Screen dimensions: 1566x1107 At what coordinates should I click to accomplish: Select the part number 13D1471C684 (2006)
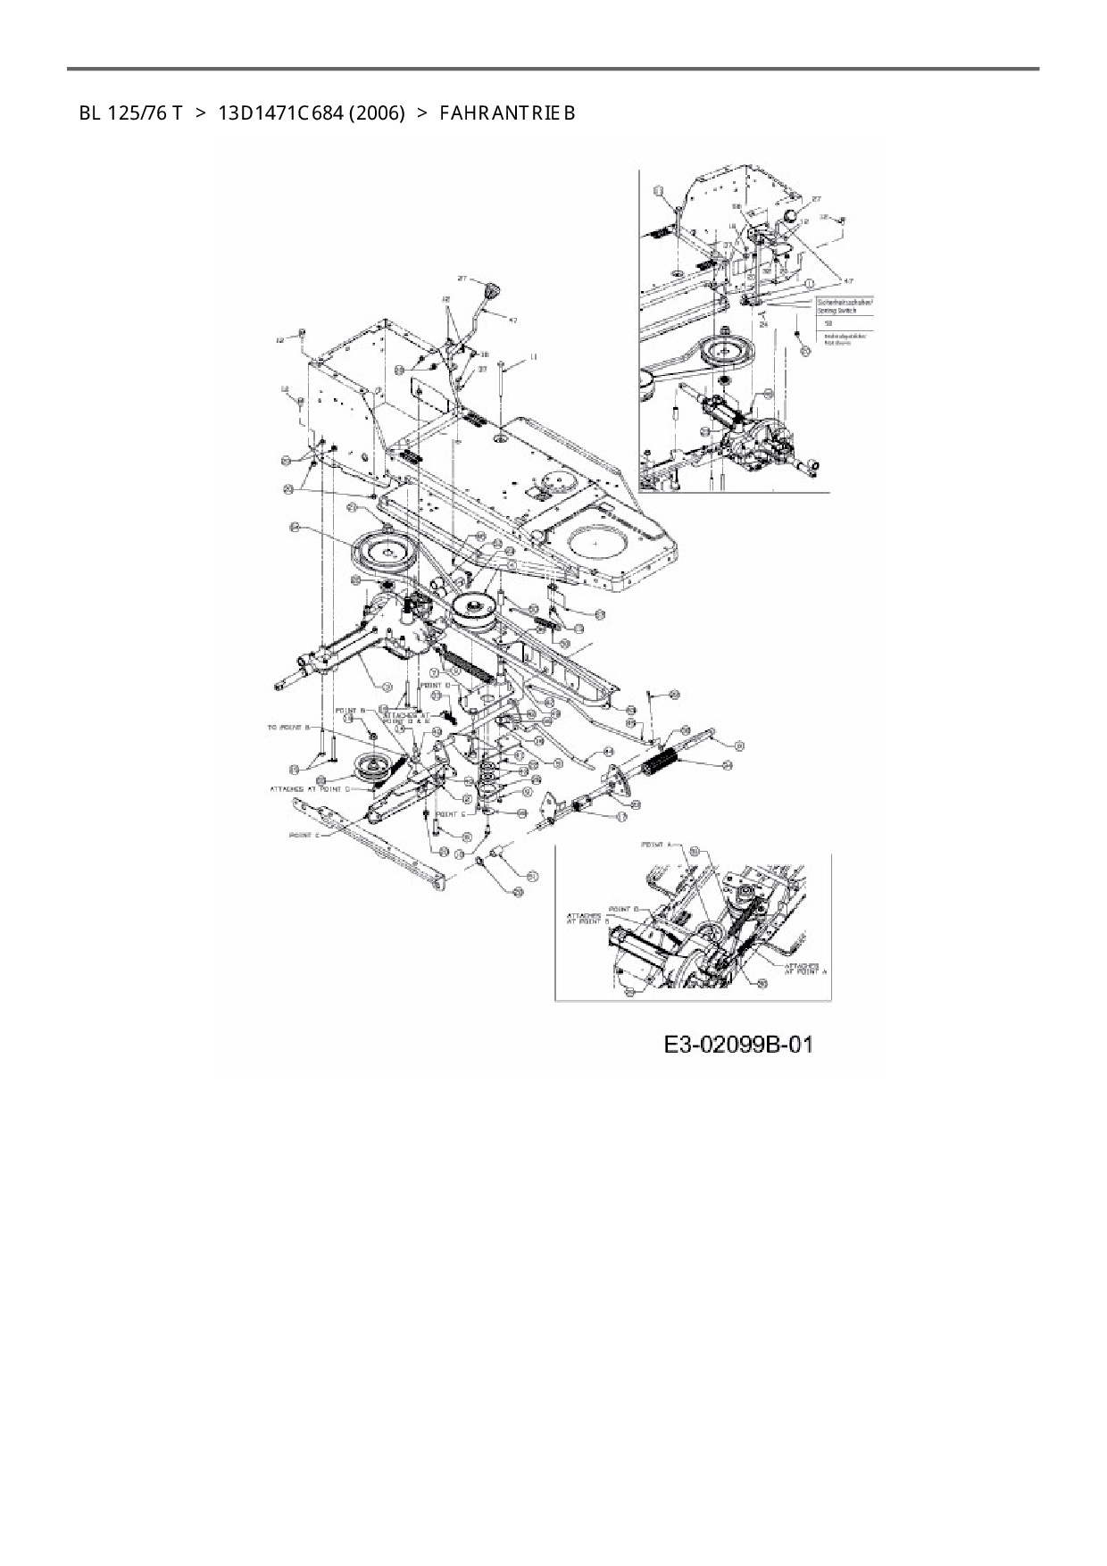tap(312, 113)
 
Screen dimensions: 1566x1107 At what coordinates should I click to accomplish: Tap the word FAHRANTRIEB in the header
tap(507, 113)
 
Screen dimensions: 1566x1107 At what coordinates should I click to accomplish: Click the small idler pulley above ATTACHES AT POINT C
tap(371, 767)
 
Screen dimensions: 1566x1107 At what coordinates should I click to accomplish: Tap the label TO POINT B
tap(287, 728)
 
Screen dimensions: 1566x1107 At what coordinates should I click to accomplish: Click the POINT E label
tap(450, 814)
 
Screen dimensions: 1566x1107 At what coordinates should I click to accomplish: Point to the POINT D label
tap(446, 685)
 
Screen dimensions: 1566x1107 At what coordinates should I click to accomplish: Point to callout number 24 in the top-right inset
tap(763, 325)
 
